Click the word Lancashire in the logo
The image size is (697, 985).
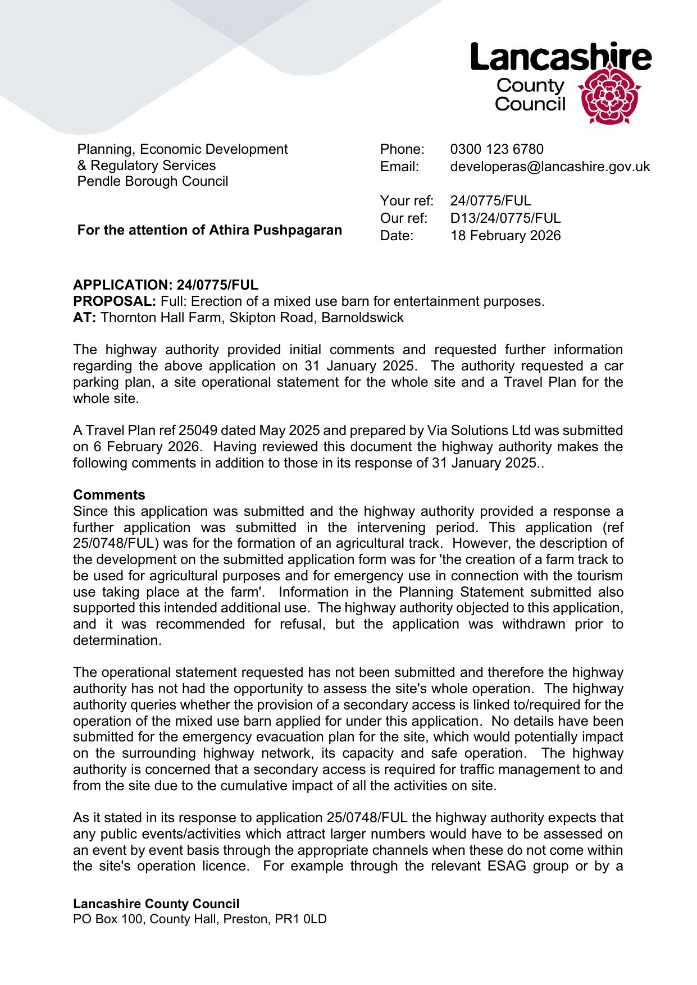[561, 57]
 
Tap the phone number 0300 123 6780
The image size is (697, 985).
[496, 149]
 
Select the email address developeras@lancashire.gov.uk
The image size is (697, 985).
[550, 167]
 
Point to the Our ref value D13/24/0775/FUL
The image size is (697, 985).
[505, 218]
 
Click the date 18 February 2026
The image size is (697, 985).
[505, 236]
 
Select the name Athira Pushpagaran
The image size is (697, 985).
[275, 230]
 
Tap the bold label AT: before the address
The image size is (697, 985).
[84, 318]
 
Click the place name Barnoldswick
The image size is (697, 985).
[362, 318]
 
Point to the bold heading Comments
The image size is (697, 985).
[109, 495]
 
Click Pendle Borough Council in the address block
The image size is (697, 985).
[153, 181]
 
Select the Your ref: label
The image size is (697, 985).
[407, 201]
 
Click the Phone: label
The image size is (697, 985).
[402, 149]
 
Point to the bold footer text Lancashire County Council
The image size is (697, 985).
[156, 904]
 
